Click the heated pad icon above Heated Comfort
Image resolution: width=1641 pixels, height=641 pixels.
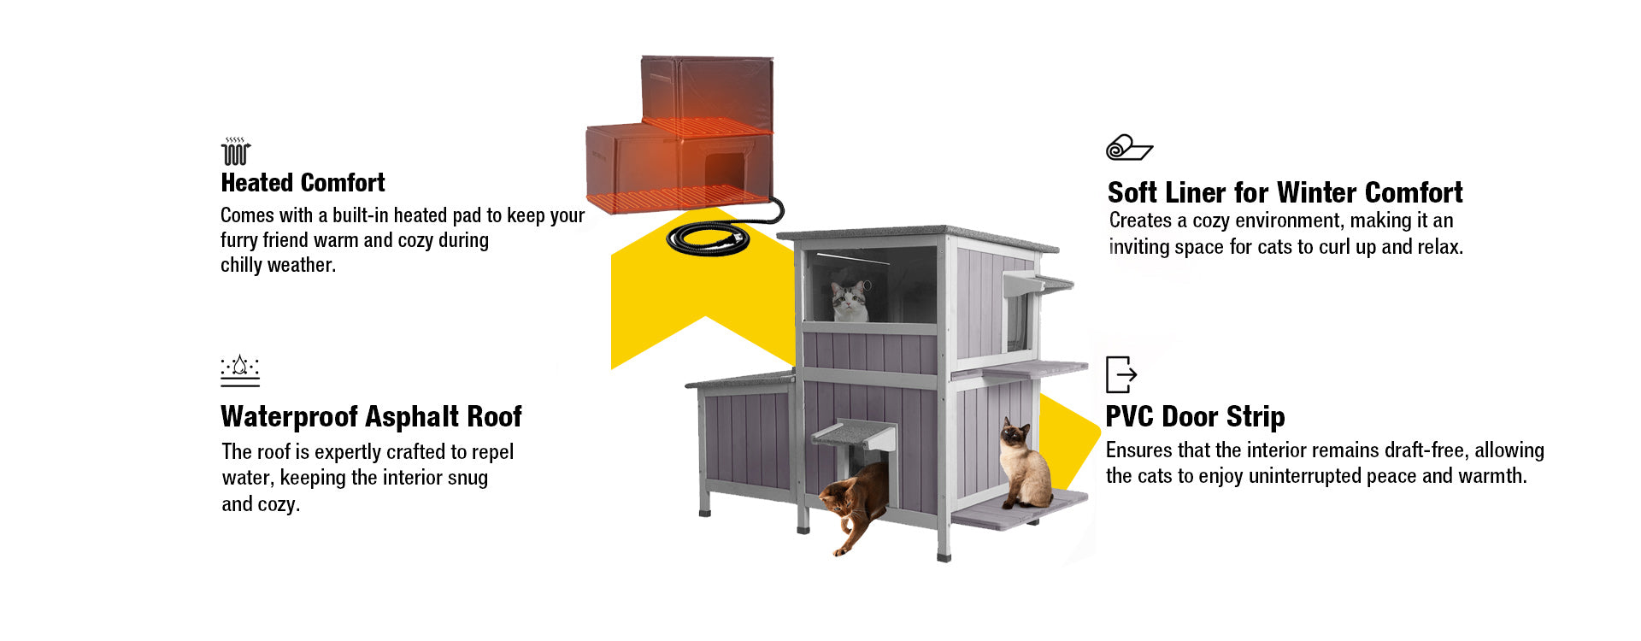236,151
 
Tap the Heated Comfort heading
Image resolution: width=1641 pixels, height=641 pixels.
303,183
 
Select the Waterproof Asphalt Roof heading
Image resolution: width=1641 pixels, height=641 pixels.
371,416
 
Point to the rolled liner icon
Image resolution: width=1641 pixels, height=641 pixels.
1129,148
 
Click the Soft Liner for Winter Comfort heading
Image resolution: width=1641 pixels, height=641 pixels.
1285,192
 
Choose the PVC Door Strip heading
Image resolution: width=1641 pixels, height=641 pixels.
1195,416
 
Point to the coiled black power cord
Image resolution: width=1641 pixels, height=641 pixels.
708,239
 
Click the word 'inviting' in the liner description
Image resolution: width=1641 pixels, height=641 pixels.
1138,247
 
